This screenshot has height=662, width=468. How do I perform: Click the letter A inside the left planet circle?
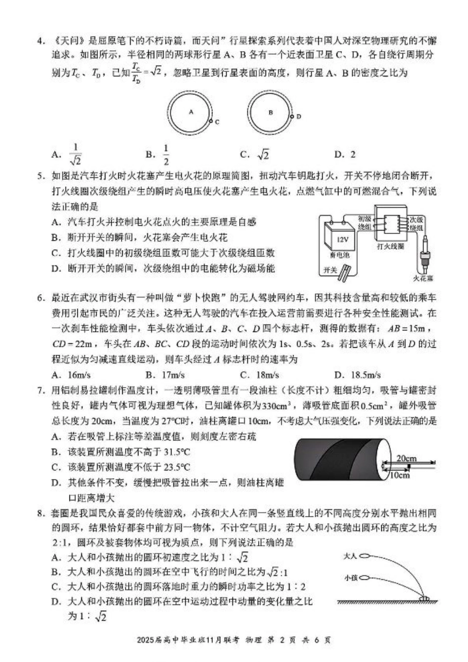[x=191, y=112]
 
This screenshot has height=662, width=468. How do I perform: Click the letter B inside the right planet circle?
[x=270, y=112]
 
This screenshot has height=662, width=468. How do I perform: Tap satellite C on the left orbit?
[x=211, y=121]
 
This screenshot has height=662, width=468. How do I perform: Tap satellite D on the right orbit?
[x=292, y=116]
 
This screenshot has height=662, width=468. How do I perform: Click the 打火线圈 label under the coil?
[x=391, y=246]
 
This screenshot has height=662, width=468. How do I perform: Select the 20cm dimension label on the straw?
[x=406, y=458]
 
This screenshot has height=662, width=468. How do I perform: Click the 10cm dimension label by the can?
[x=399, y=475]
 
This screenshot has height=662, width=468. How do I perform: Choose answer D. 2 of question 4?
[x=345, y=155]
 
